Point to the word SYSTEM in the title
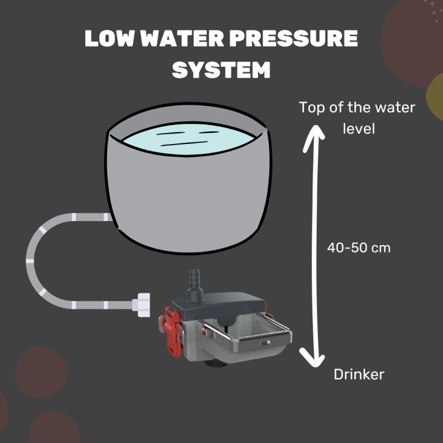coord(221,70)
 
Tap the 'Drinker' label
coord(359,375)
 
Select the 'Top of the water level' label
coord(357,117)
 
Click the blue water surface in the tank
coord(189,142)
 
